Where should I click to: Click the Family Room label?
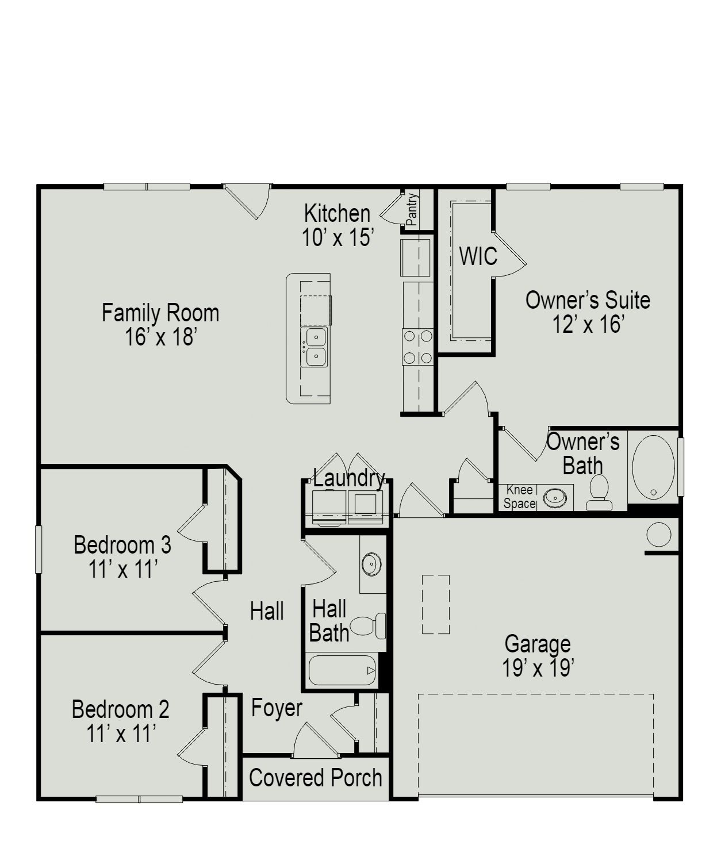(x=160, y=313)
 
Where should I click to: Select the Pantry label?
(x=412, y=210)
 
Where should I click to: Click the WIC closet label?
(x=478, y=256)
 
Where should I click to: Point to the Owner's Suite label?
(x=588, y=301)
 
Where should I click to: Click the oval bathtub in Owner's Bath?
(x=653, y=466)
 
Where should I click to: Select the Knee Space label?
(x=519, y=497)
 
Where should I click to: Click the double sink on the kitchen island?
(x=315, y=347)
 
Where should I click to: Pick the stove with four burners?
(x=417, y=347)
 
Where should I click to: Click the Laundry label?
(x=348, y=478)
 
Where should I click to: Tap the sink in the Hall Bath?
(x=372, y=564)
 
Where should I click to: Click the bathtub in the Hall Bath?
(x=342, y=670)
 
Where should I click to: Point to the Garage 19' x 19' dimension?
(x=538, y=669)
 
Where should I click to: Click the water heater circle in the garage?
(x=658, y=535)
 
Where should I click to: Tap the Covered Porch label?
(x=315, y=778)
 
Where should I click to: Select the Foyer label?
(x=277, y=708)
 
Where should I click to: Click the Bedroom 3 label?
(x=122, y=545)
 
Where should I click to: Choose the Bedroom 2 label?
(x=120, y=709)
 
